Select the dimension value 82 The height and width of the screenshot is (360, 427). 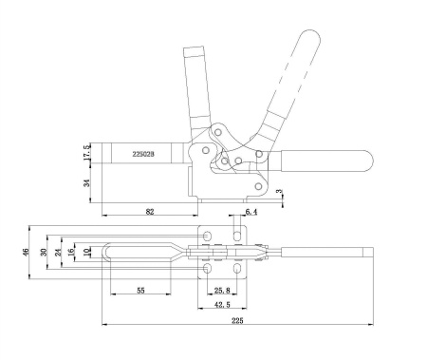(150, 214)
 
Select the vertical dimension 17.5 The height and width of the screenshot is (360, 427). (87, 152)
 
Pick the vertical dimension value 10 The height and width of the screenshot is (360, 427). (87, 253)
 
